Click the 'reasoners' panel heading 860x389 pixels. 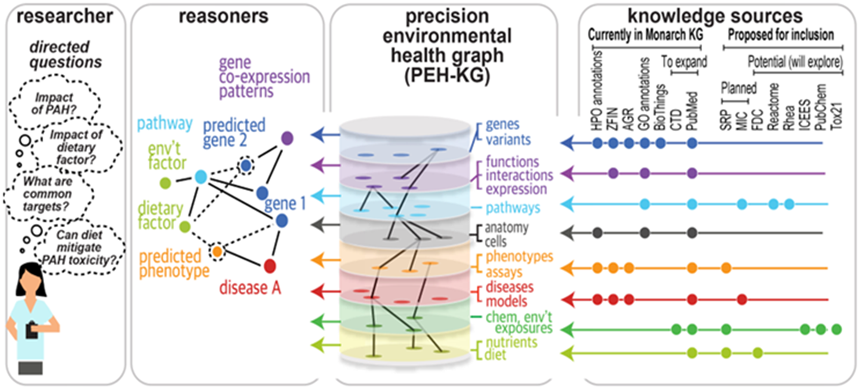[x=223, y=16]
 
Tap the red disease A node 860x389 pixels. [x=270, y=266]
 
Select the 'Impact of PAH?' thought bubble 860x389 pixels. [x=54, y=103]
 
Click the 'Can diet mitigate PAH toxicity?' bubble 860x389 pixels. [x=79, y=247]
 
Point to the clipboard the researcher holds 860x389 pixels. [x=31, y=330]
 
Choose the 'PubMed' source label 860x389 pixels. [x=691, y=111]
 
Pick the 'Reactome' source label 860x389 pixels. [x=773, y=107]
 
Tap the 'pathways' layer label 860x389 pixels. [x=513, y=208]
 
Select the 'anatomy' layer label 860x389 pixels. [x=507, y=228]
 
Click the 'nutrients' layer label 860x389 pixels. [x=511, y=342]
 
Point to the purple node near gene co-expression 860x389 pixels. [x=287, y=138]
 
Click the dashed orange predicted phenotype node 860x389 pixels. [x=218, y=252]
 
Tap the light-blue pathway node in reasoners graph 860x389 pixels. [x=201, y=177]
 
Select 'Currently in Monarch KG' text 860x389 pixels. [x=645, y=35]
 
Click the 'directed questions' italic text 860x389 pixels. [x=65, y=55]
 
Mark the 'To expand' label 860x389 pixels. [x=684, y=62]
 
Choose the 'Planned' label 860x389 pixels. [x=738, y=88]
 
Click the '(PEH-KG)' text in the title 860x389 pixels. [x=447, y=76]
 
